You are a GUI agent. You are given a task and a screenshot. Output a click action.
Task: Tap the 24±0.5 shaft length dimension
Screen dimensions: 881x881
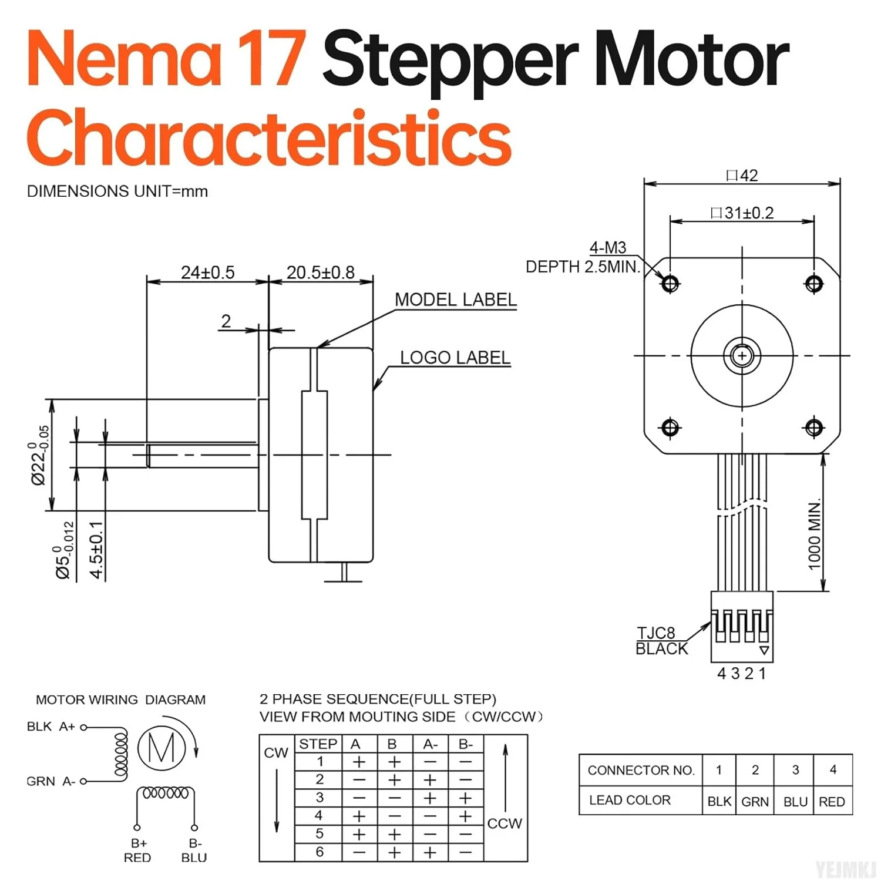tap(207, 273)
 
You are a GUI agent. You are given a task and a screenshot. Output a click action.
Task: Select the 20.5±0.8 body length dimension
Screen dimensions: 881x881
tap(321, 273)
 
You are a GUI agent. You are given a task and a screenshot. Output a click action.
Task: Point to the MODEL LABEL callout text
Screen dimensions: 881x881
tap(456, 300)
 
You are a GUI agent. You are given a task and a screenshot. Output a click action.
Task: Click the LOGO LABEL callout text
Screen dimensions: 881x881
tap(455, 358)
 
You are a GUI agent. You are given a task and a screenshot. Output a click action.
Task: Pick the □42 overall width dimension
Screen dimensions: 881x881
tap(742, 176)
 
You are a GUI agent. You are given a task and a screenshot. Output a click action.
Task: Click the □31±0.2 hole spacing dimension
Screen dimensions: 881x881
tap(742, 213)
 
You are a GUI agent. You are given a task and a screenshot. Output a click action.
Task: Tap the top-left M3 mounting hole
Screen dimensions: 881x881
tap(670, 284)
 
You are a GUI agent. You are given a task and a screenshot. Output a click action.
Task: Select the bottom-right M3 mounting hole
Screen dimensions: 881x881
tap(814, 428)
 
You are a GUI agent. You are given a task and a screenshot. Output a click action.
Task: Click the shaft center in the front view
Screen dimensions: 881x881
tap(742, 356)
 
